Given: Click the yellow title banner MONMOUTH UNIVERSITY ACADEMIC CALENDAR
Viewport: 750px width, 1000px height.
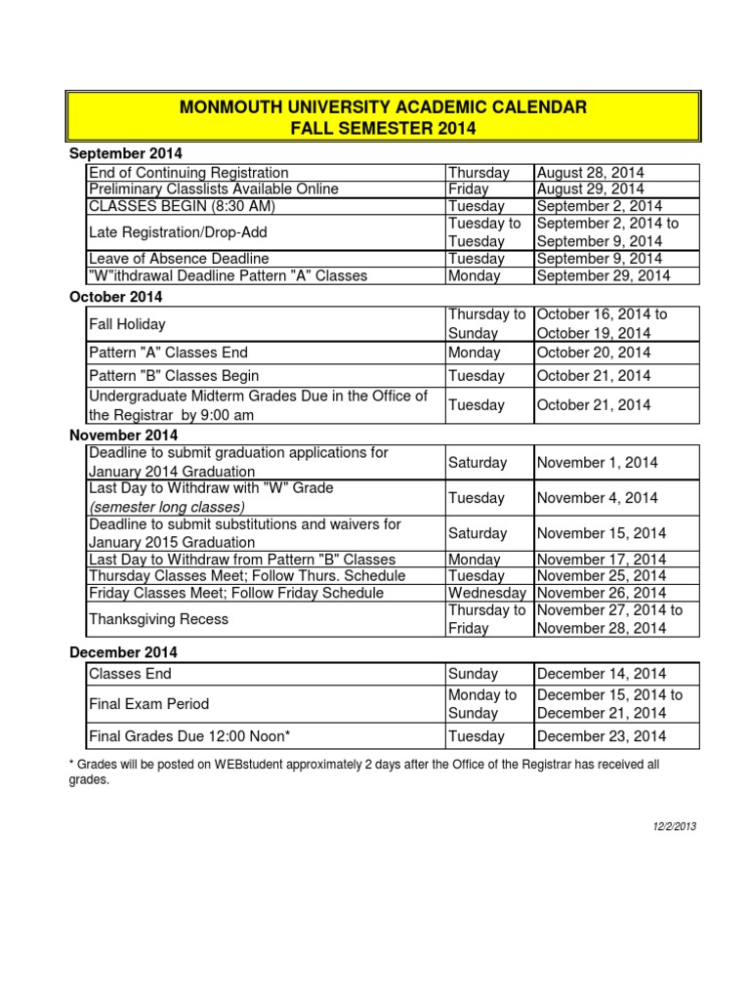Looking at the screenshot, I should click(x=383, y=117).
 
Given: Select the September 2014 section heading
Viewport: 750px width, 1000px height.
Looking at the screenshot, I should click(x=126, y=154).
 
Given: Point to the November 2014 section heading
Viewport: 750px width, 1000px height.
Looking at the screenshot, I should click(x=124, y=436).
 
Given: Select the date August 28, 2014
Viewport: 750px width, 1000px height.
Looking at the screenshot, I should click(x=589, y=173).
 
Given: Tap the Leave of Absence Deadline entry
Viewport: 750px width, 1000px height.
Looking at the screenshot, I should click(x=179, y=259).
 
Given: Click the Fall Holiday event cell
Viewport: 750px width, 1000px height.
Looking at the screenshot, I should click(x=127, y=324).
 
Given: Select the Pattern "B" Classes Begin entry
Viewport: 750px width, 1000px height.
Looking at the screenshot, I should click(x=174, y=376).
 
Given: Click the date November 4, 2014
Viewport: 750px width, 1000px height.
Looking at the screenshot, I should click(x=600, y=498).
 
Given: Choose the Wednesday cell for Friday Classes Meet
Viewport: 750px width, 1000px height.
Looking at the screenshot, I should click(x=488, y=594).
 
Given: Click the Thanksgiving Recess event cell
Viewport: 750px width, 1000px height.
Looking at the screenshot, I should click(x=158, y=619).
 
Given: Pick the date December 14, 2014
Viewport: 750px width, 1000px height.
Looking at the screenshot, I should click(x=601, y=674).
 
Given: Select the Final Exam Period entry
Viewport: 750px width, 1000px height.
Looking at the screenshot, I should click(x=148, y=704).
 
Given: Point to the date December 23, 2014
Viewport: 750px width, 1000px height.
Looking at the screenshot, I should click(x=601, y=737).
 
